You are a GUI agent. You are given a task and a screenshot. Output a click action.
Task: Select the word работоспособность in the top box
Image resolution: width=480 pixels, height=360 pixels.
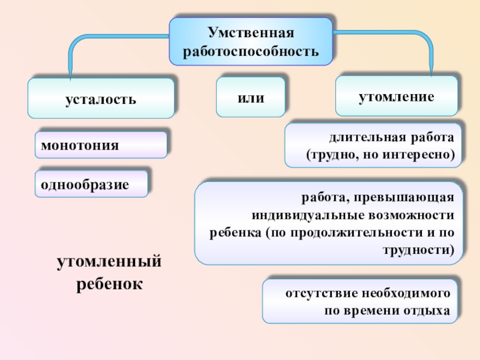(251, 50)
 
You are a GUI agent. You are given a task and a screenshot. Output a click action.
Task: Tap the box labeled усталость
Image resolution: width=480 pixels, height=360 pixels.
(101, 98)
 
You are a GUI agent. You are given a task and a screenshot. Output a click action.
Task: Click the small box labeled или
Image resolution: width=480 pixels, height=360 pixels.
(251, 97)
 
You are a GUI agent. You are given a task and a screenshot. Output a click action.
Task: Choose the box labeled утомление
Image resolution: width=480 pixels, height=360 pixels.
(396, 95)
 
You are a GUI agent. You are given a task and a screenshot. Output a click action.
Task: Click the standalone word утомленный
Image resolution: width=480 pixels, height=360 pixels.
(110, 262)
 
